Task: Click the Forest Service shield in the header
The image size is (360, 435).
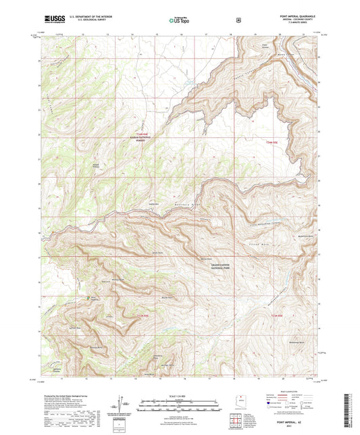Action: (238, 20)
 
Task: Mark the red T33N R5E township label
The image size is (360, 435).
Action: (275, 315)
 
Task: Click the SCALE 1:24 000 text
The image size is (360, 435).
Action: (180, 394)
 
